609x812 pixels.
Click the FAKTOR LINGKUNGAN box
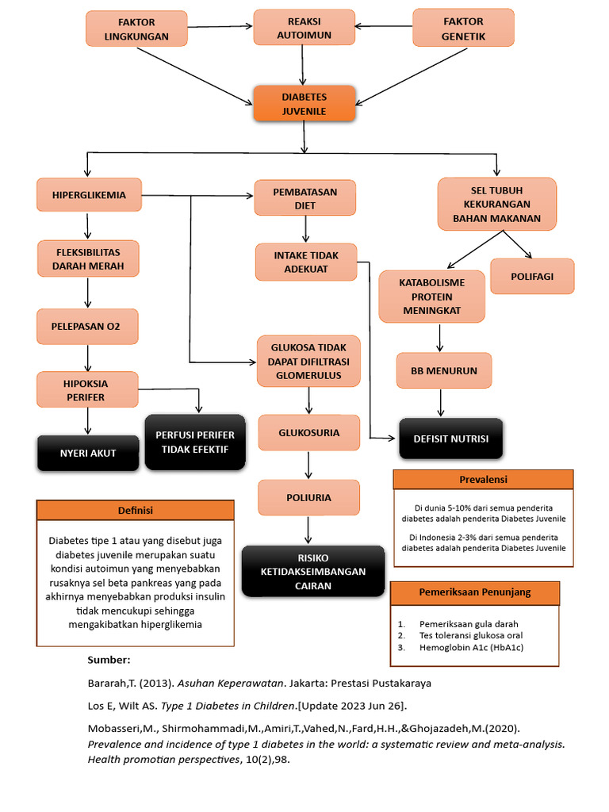point(136,29)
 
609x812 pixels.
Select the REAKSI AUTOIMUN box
point(304,28)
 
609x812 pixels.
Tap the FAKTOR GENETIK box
point(464,29)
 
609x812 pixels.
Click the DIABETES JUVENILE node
point(304,103)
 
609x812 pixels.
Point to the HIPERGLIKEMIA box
point(89,195)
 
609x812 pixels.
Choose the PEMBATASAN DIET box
point(304,198)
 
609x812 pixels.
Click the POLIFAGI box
point(532,276)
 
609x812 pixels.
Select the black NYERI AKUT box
point(88,453)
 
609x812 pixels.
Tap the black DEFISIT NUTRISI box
point(450,439)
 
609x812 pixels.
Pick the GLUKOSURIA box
point(308,433)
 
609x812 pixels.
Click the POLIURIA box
point(308,497)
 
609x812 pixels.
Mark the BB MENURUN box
point(444,370)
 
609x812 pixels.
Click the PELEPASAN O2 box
point(87,326)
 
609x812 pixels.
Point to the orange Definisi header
point(135,510)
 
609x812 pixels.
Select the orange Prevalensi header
point(483,479)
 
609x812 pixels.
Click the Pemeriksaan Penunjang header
point(474,592)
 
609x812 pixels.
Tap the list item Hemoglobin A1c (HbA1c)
point(471,648)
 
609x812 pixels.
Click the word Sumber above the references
point(108,660)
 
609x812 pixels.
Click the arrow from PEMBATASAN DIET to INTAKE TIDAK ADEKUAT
point(304,230)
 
